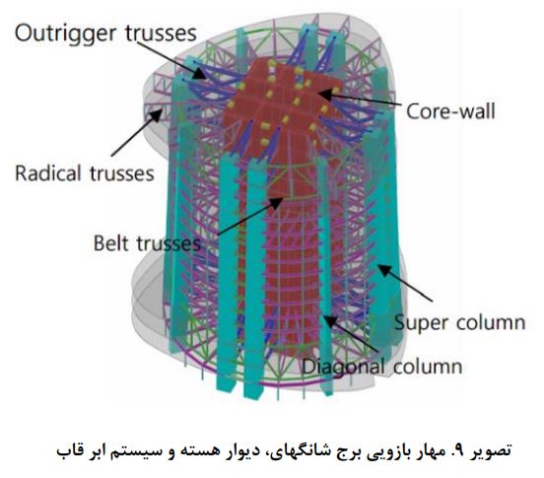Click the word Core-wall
pos(450,111)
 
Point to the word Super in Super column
pos(421,323)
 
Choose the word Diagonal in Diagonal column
pos(343,367)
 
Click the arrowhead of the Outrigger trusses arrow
pos(200,73)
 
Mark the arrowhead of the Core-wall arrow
pos(325,93)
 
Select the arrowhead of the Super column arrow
pos(384,271)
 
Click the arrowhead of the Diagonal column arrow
pos(329,321)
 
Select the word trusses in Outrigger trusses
pos(161,34)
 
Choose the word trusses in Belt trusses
pos(169,243)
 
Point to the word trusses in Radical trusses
pos(122,173)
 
